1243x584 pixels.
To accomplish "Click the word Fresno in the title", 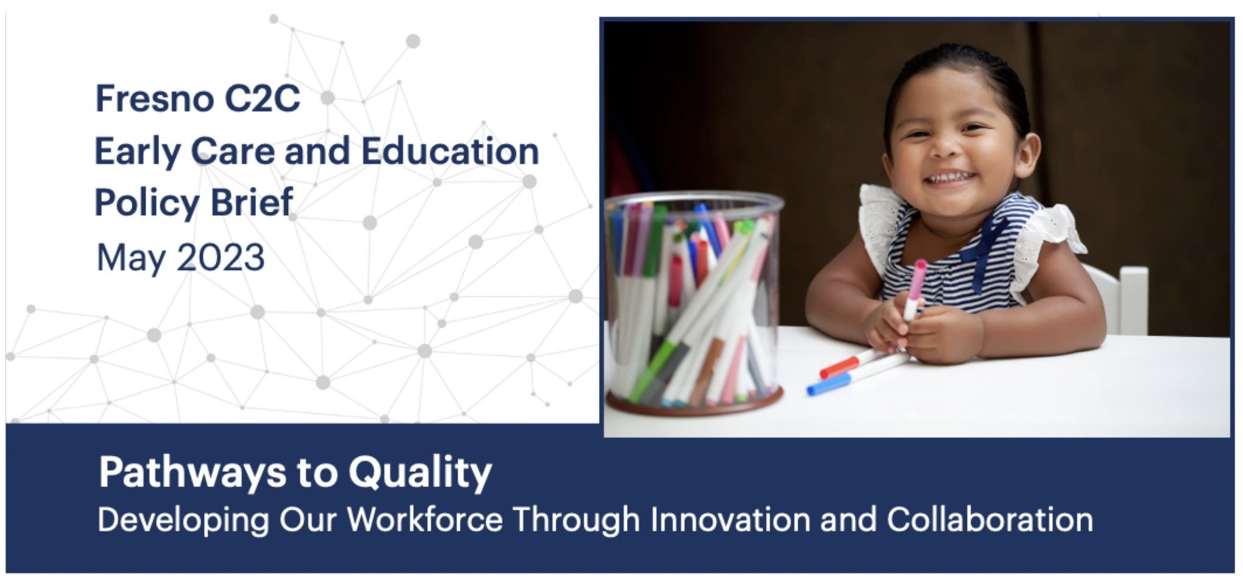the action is (x=155, y=98).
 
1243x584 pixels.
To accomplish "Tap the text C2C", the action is (x=262, y=98).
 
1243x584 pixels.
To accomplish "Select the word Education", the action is (x=450, y=151).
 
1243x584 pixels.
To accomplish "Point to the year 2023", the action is (x=221, y=257).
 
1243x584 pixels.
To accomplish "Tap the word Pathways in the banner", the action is (x=193, y=473).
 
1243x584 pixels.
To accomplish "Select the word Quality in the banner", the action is (x=420, y=473).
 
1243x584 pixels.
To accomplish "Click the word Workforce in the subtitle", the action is (x=425, y=519).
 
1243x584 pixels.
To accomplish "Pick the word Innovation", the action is (x=731, y=519).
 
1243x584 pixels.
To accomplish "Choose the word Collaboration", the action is (x=990, y=519).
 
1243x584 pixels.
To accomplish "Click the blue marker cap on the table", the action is (x=829, y=384).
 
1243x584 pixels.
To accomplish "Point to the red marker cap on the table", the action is (x=839, y=367).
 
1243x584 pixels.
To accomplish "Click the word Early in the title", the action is (x=138, y=152).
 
